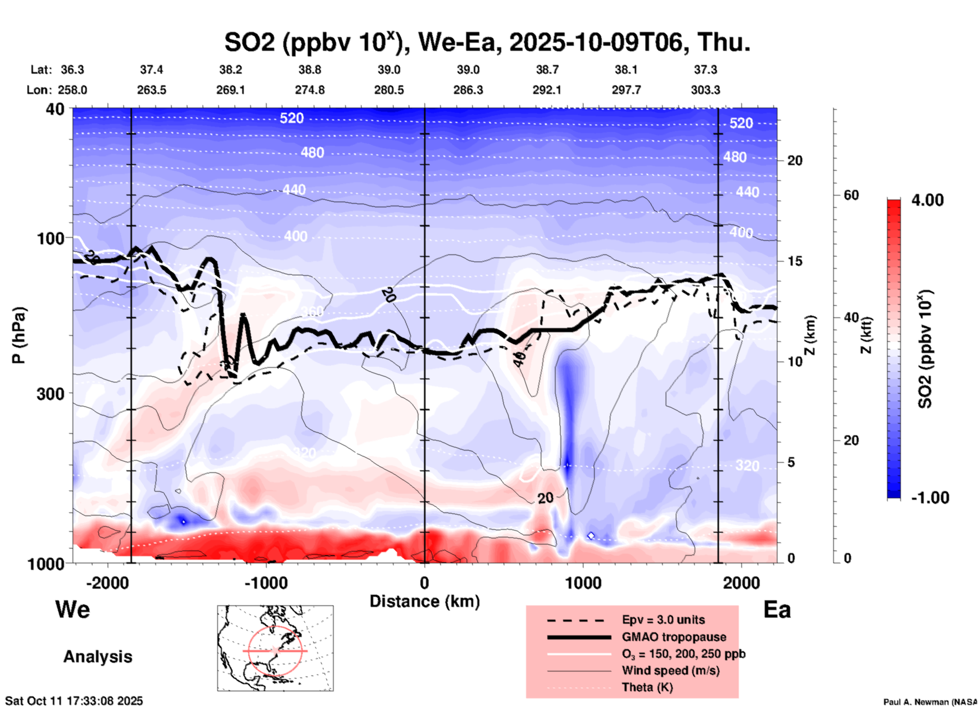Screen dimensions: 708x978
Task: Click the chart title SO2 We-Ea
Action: [x=487, y=42]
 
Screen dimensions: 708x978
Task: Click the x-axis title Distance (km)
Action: [x=425, y=602]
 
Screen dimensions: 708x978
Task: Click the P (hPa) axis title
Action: [x=19, y=335]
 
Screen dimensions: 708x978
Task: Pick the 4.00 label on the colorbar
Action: [x=927, y=200]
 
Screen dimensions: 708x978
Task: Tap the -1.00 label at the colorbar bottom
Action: [x=930, y=498]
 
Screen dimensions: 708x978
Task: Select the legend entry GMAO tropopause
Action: [x=674, y=637]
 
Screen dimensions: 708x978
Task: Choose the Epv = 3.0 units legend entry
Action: [x=663, y=620]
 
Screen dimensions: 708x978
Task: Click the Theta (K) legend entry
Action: [x=647, y=688]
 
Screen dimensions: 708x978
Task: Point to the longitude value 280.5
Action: [x=389, y=90]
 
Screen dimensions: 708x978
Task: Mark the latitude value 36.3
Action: [x=72, y=70]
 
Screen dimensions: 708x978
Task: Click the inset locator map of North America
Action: [x=275, y=648]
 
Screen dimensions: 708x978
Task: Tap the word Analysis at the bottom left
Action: [x=97, y=657]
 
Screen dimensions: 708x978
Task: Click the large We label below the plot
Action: [x=73, y=609]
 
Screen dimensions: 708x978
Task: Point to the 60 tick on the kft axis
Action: [x=851, y=195]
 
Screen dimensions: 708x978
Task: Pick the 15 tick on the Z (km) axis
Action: [x=795, y=261]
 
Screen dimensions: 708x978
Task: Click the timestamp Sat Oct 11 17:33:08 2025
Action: [x=74, y=701]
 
